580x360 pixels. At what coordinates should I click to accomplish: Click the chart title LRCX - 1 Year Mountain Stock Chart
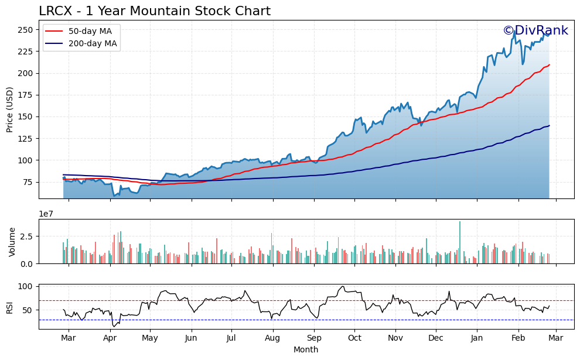pos(155,11)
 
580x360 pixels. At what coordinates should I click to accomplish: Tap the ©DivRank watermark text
pos(535,31)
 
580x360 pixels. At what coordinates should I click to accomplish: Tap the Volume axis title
pos(12,242)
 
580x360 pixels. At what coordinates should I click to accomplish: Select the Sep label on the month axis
pos(315,338)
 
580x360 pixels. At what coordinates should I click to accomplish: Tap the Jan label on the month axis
pos(477,338)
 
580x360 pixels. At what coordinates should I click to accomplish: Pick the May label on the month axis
pos(150,338)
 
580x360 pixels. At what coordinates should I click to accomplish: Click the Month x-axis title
pos(306,350)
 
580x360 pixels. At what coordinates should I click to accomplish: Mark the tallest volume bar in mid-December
pos(460,242)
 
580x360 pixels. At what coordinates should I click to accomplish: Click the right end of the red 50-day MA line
pos(549,65)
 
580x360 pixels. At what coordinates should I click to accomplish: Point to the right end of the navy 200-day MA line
pos(549,126)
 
